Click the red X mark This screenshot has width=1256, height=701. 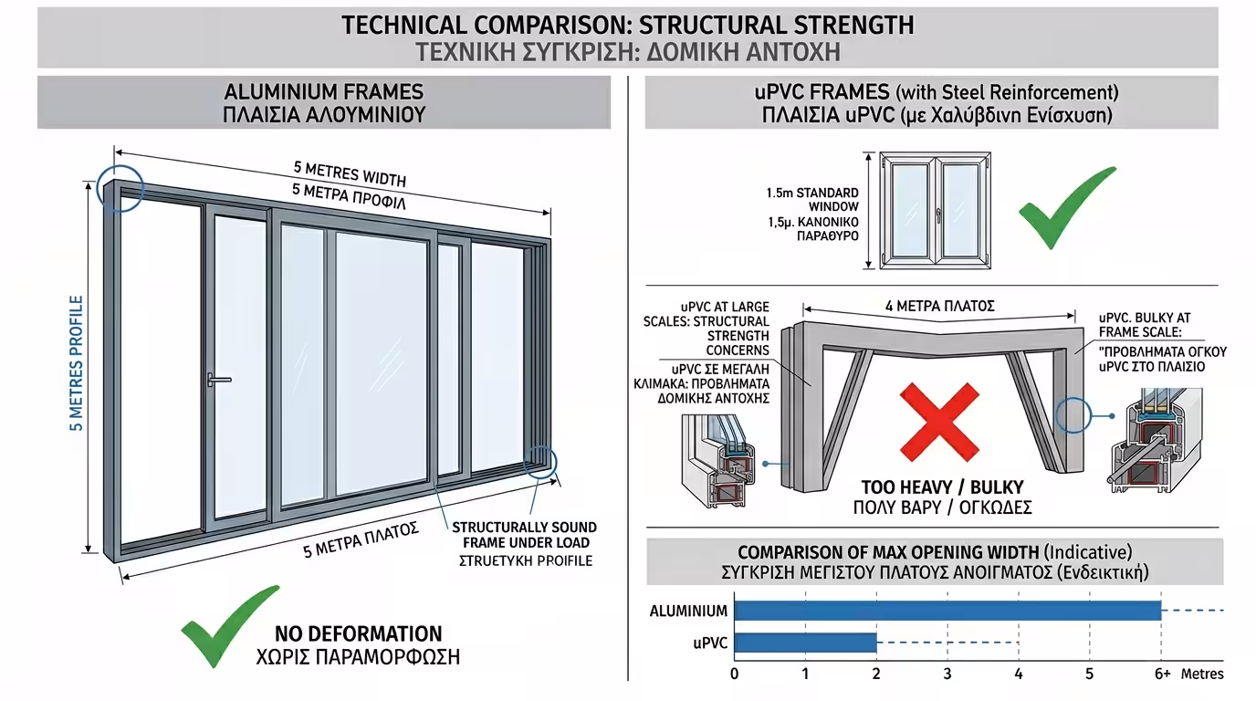[x=939, y=422]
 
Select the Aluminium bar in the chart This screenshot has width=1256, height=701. [x=947, y=610]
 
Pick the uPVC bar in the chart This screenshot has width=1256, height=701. [x=806, y=643]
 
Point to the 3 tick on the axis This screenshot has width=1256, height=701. [x=947, y=674]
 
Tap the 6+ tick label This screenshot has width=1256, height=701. [x=1162, y=674]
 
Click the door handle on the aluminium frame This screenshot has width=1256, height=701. [x=218, y=381]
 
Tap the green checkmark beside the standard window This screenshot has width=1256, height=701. [x=1067, y=207]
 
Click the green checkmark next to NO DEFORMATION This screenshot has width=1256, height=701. [x=230, y=626]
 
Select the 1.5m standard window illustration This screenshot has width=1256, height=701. [x=935, y=210]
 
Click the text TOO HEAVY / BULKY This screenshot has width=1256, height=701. [x=943, y=487]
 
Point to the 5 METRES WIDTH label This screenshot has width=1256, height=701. [x=350, y=173]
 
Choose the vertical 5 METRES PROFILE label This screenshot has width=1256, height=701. [x=77, y=363]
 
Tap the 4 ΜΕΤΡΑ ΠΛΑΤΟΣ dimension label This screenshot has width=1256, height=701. [x=940, y=306]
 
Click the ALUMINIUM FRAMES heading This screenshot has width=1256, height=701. [x=323, y=92]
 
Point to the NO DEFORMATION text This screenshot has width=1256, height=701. [x=359, y=633]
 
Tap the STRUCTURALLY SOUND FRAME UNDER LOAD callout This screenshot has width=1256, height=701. [x=524, y=535]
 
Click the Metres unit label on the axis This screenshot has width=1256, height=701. [x=1202, y=674]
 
